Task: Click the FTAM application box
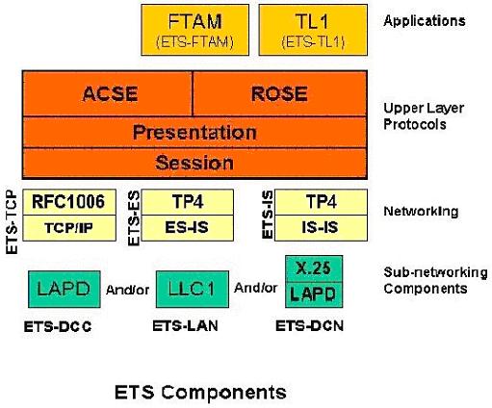point(195,30)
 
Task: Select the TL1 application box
point(313,30)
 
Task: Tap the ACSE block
point(108,93)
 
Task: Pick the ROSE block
point(280,93)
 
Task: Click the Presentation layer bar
point(194,132)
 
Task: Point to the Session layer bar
point(194,163)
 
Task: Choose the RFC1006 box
point(69,202)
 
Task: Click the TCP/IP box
point(69,228)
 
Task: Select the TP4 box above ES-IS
point(188,202)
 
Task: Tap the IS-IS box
point(321,228)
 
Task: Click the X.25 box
point(314,268)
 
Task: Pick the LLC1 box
point(193,289)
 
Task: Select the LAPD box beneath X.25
point(314,295)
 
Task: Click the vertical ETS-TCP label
point(12,222)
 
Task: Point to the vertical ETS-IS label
point(268,215)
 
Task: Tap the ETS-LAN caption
point(185,326)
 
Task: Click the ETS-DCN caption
point(310,326)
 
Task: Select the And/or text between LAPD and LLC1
point(127,290)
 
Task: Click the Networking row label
point(421,212)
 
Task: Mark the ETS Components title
point(200,392)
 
